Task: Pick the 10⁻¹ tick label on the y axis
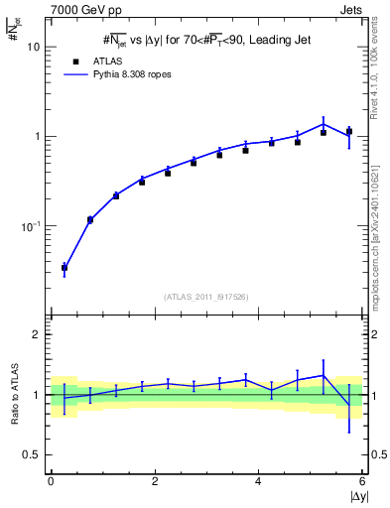coord(31,226)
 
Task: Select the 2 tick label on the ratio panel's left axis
coord(36,334)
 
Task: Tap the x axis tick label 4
coord(259,481)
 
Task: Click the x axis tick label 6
coord(363,481)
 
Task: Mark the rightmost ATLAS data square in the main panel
coord(349,131)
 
